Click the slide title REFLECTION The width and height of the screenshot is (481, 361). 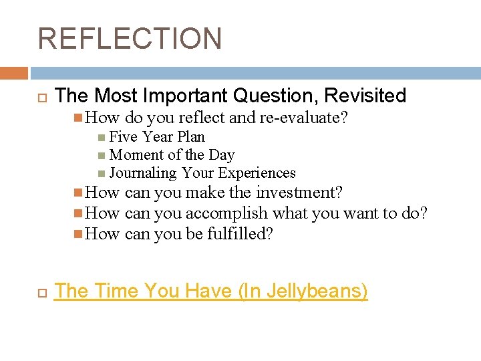tap(130, 38)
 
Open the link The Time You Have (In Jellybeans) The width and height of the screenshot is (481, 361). tap(211, 291)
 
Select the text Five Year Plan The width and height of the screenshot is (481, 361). tap(157, 136)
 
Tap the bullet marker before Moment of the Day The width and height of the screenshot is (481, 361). tap(101, 155)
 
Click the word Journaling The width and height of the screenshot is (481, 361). tap(143, 172)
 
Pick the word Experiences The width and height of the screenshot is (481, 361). tap(257, 172)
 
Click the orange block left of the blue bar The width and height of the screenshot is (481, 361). tap(14, 73)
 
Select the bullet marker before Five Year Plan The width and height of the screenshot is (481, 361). tap(101, 137)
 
